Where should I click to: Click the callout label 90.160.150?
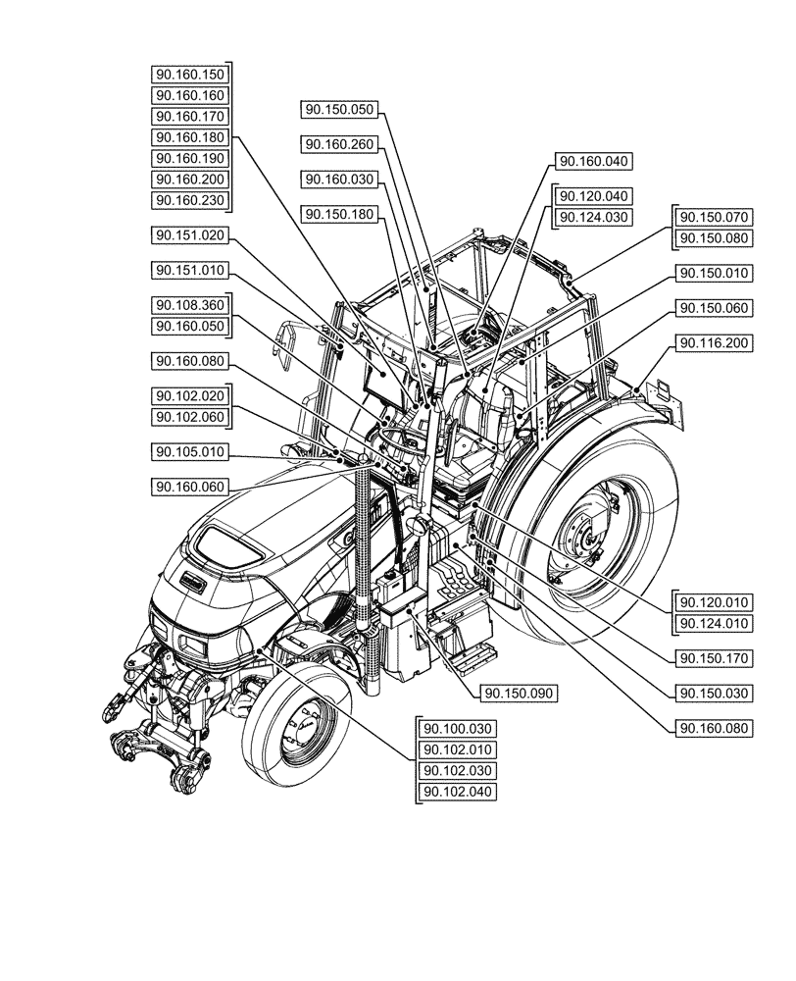click(x=190, y=75)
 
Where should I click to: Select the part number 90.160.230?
click(x=190, y=201)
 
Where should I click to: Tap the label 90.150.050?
click(x=339, y=110)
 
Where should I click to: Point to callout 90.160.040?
click(x=595, y=162)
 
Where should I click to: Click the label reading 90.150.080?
click(x=713, y=238)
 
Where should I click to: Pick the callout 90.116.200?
click(x=713, y=342)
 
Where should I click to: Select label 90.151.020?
click(x=190, y=235)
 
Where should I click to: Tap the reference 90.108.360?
click(x=190, y=305)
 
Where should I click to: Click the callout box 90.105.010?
click(x=190, y=451)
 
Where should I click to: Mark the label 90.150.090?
click(x=519, y=694)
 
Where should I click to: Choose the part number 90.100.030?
click(x=457, y=729)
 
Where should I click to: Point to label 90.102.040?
click(x=457, y=792)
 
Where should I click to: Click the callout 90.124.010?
click(x=713, y=624)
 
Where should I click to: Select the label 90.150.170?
click(x=713, y=658)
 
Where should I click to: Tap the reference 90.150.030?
click(x=713, y=694)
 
